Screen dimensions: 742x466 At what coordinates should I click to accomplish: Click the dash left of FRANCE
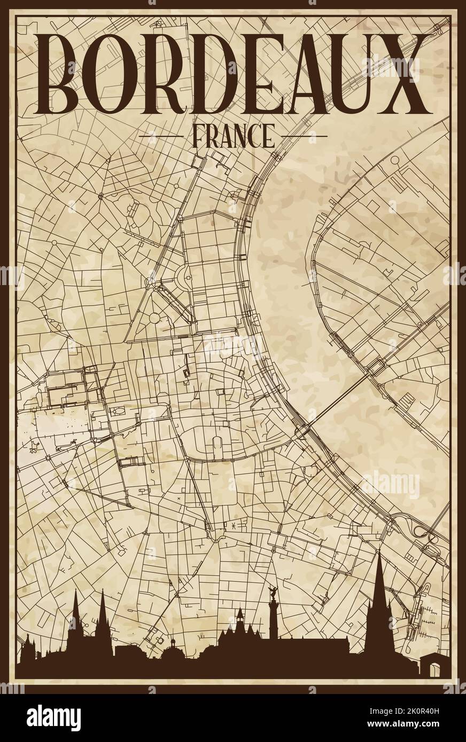(x=160, y=137)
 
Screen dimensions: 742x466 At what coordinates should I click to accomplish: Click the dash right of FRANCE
(x=305, y=137)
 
